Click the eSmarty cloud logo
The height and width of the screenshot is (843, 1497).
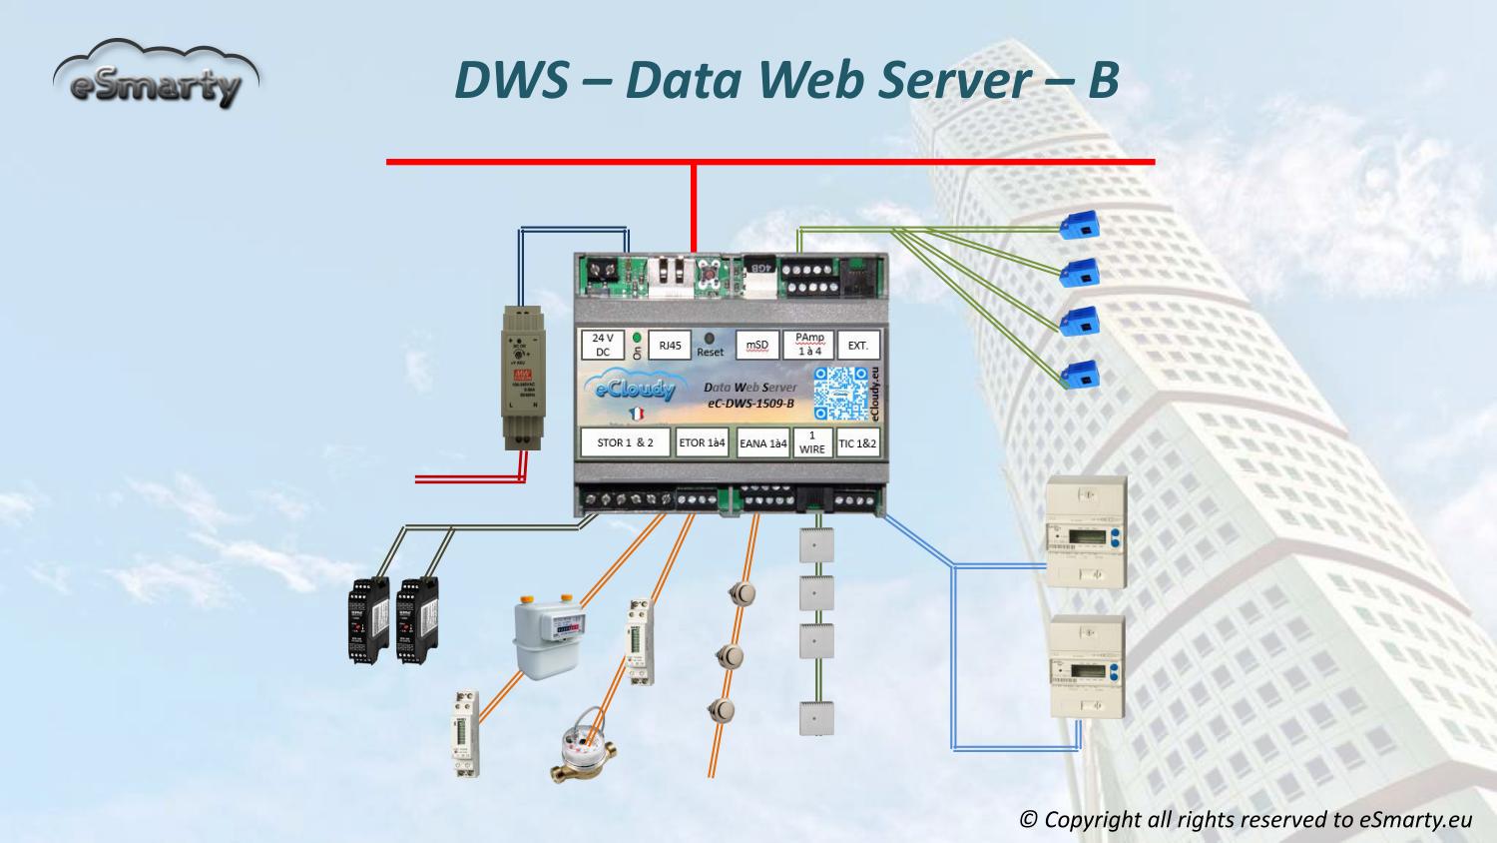(x=155, y=76)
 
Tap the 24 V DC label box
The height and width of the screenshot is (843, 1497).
(x=602, y=346)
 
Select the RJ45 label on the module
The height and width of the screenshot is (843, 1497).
(x=669, y=346)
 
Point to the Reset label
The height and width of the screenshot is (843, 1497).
(x=711, y=353)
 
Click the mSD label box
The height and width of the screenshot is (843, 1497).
(x=756, y=346)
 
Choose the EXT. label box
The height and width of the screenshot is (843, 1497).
(x=857, y=346)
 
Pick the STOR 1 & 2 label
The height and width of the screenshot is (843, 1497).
(x=625, y=442)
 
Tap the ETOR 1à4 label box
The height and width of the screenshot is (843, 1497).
(x=703, y=442)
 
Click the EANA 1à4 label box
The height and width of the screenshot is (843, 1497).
(x=762, y=443)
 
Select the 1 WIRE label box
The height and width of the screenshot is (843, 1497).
(x=812, y=442)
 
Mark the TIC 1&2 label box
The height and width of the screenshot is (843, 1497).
(x=857, y=443)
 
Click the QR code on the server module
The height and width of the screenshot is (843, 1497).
(x=839, y=392)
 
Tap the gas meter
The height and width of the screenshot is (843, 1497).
(x=549, y=635)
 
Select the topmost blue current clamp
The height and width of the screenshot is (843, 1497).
(x=1083, y=225)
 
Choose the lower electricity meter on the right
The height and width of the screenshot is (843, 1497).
(x=1087, y=667)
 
